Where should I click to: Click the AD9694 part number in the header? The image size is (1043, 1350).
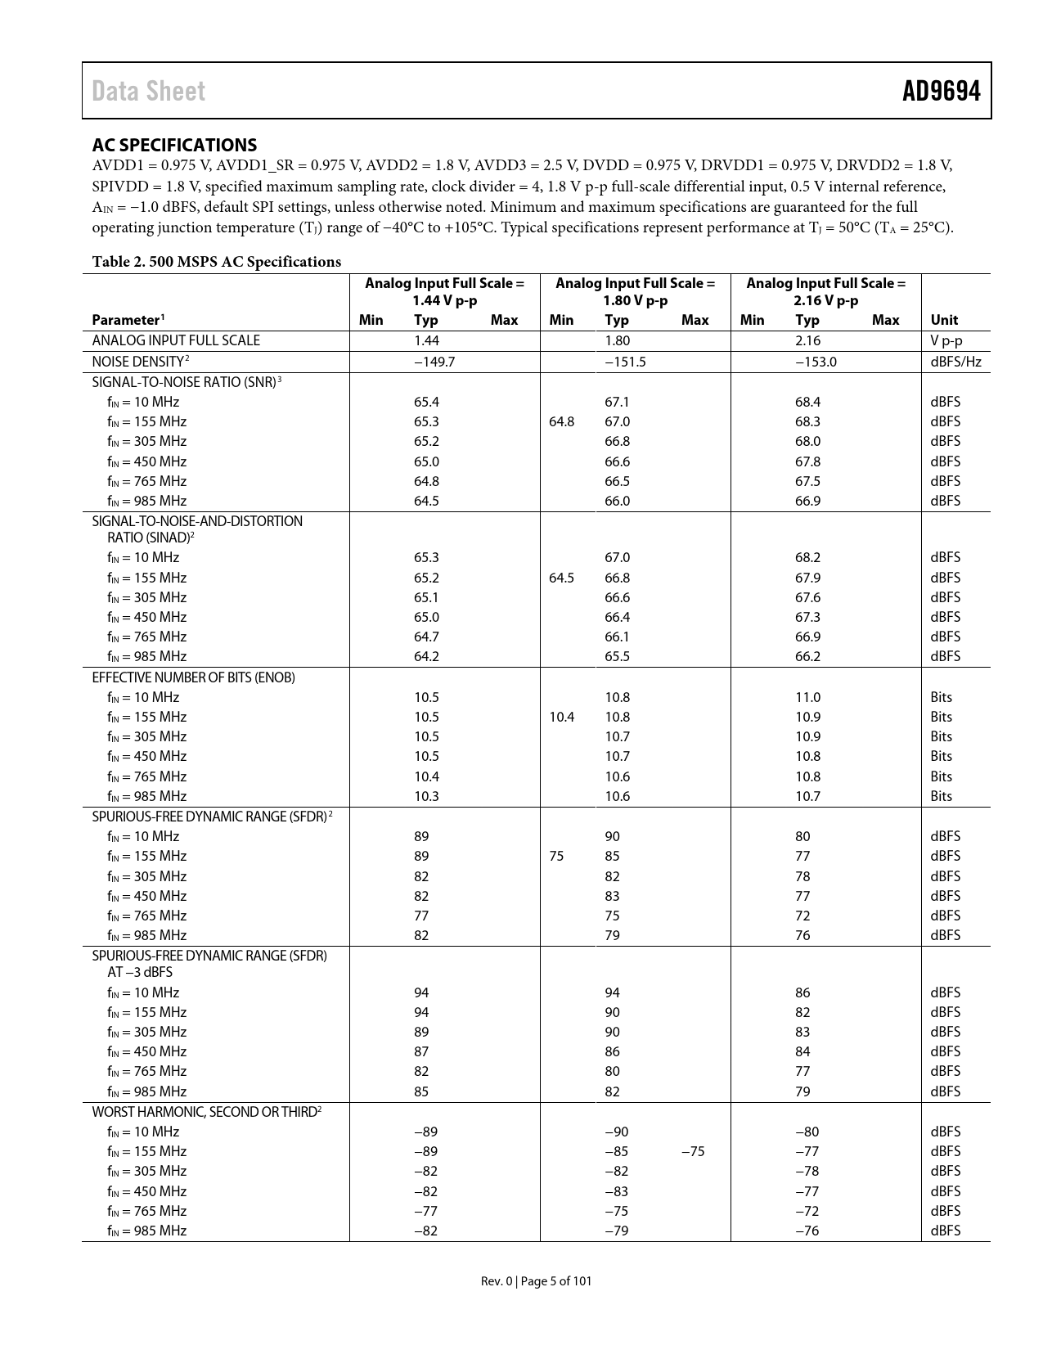click(x=941, y=91)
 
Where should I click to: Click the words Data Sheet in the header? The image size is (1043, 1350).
click(x=148, y=91)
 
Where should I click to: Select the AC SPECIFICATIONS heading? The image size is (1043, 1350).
click(x=174, y=145)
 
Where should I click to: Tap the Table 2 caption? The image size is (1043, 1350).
click(x=216, y=262)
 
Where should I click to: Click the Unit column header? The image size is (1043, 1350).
click(x=944, y=320)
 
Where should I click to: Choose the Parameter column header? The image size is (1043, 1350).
click(x=128, y=320)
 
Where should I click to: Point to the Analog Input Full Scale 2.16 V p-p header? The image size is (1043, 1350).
click(x=825, y=291)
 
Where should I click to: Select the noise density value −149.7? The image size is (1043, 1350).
click(x=434, y=362)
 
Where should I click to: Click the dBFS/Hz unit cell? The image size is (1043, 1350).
click(x=955, y=362)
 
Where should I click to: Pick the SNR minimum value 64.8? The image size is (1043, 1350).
click(x=561, y=421)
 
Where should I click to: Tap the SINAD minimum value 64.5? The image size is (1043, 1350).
click(x=561, y=578)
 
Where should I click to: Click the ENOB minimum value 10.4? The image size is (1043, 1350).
click(x=561, y=717)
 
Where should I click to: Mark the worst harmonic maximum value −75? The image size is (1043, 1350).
click(x=692, y=1151)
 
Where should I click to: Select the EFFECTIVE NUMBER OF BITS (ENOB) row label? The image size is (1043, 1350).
click(x=193, y=677)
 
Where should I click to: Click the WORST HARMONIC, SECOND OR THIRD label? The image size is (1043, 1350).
click(x=206, y=1111)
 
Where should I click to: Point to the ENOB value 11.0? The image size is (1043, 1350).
click(x=807, y=697)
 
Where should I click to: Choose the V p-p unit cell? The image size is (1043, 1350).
click(x=946, y=340)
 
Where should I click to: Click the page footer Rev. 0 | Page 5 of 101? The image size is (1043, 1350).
click(x=536, y=1281)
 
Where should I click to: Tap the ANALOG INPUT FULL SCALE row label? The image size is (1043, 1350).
click(x=176, y=340)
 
